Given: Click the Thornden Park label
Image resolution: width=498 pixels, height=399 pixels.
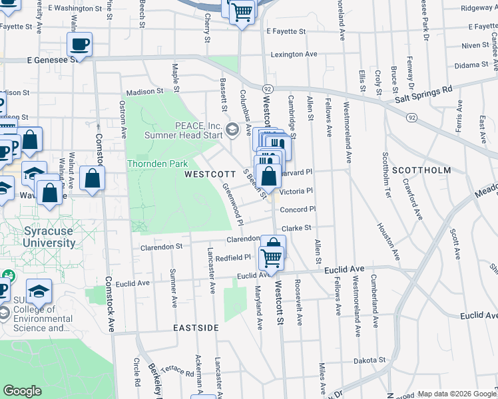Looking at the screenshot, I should click(157, 164).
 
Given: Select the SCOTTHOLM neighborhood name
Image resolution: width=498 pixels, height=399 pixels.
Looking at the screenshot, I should click(421, 170).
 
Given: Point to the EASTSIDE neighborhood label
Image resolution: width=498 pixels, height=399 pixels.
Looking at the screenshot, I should click(196, 329).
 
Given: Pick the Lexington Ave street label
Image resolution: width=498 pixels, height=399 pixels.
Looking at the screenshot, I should click(294, 54).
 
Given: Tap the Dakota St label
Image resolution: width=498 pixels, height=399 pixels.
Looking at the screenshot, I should click(370, 360).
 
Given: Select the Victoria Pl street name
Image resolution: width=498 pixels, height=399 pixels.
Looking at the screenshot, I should click(296, 191).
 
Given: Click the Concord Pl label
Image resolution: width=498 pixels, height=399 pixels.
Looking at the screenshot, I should click(297, 209).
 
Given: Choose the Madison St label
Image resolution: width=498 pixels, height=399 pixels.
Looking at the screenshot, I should click(142, 91).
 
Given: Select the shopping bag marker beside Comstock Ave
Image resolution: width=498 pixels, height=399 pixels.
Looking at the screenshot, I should click(92, 178).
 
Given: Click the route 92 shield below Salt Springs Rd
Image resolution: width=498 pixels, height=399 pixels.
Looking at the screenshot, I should click(412, 118).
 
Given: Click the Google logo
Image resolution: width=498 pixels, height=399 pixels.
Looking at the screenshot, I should click(23, 391).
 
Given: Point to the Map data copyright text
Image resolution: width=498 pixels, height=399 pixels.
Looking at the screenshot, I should click(456, 394).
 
